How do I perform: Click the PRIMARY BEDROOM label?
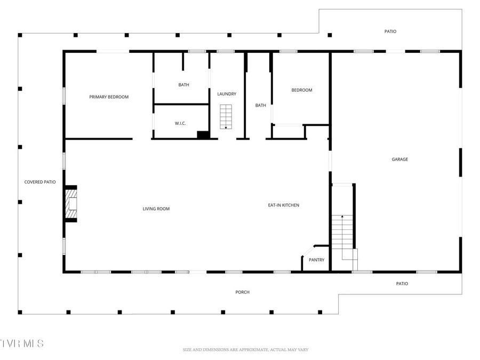pos(109,97)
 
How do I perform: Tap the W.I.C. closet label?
pos(180,124)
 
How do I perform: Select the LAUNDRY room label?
pos(227,94)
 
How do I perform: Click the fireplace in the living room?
pos(70,203)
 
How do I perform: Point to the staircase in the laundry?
pos(227,117)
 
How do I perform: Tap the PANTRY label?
pos(317,260)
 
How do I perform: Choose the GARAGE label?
pos(400,159)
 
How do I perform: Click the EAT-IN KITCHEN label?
pos(283,205)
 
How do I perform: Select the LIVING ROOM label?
pos(156,209)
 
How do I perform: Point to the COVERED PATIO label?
pos(40,182)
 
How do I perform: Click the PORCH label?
pos(243,292)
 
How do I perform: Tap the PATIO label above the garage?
pos(390,31)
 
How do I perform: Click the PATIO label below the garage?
pos(402,284)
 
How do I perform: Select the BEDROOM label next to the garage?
pos(302,90)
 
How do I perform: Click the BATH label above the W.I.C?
pos(183,85)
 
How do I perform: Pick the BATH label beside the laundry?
pos(261,106)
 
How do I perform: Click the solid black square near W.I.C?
pos(203,135)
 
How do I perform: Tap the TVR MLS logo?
pos(22,343)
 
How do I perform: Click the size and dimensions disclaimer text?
pos(245,350)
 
